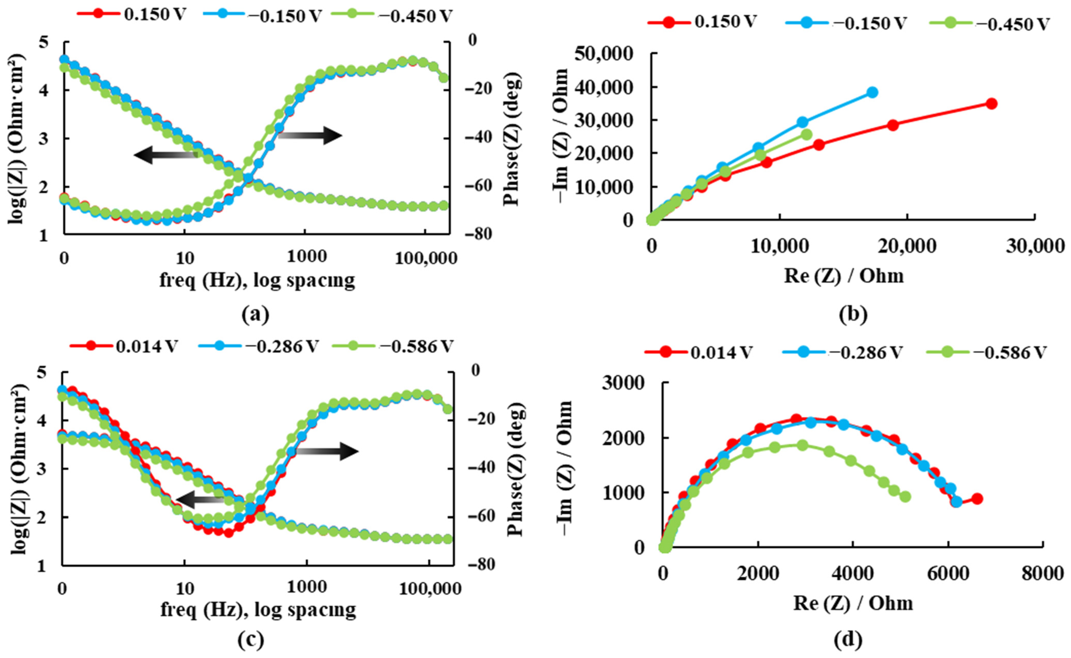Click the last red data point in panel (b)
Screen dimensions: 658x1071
991,104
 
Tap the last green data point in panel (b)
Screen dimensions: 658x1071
806,134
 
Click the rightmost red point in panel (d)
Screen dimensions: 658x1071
977,498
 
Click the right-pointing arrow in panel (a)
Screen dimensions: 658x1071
310,136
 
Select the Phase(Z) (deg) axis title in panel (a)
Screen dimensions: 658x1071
513,138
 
